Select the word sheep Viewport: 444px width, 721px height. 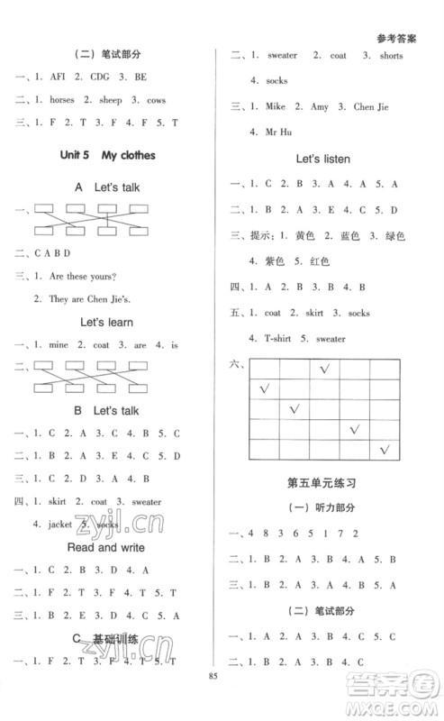(115, 100)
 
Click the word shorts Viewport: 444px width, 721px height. (389, 56)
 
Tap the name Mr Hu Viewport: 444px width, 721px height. (271, 132)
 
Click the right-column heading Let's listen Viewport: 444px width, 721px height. (323, 159)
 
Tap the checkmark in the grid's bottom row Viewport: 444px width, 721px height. (385, 449)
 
